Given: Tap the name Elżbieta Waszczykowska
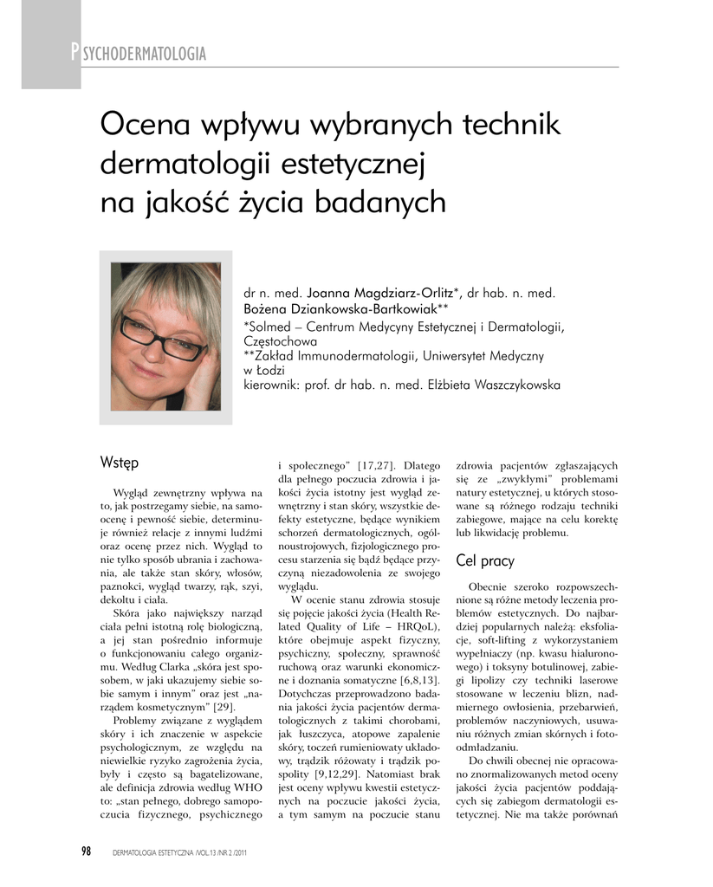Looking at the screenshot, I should [x=506, y=385].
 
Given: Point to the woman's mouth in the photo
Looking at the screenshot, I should [x=148, y=372].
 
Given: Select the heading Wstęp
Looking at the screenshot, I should [x=120, y=464].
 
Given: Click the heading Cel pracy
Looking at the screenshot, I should [x=485, y=560].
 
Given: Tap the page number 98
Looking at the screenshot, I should [x=87, y=851].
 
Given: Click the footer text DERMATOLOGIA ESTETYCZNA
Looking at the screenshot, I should [x=167, y=852].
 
